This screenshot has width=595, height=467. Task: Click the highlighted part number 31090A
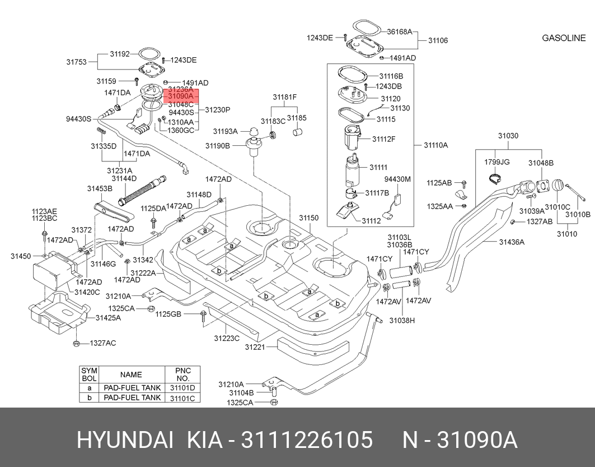point(180,96)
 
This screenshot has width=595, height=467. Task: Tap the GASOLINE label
point(564,38)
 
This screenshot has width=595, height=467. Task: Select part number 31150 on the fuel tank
point(308,218)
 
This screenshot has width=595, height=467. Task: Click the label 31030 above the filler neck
point(508,136)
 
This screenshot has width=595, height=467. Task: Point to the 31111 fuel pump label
point(378,167)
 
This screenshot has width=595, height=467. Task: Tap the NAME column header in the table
point(131,374)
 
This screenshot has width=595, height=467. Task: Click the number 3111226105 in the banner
point(306,441)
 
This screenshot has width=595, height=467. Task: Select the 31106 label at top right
point(438,40)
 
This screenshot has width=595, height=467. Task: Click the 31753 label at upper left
point(76,62)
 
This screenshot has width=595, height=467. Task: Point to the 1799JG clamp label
point(496,163)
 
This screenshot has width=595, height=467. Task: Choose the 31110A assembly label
point(435,145)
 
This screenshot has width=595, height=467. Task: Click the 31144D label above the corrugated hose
point(124,178)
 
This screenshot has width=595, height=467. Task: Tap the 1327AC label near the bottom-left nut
point(103,343)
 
